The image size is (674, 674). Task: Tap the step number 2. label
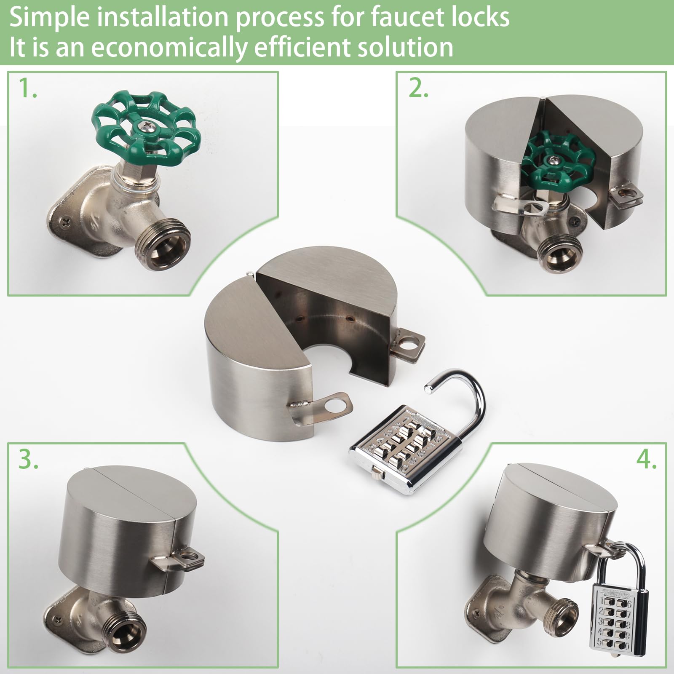pyautogui.click(x=418, y=89)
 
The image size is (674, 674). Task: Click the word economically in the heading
pyautogui.click(x=168, y=47)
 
